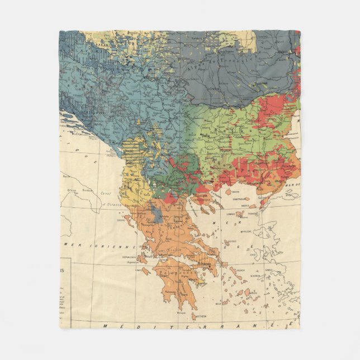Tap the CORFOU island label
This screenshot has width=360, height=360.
point(120,220)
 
